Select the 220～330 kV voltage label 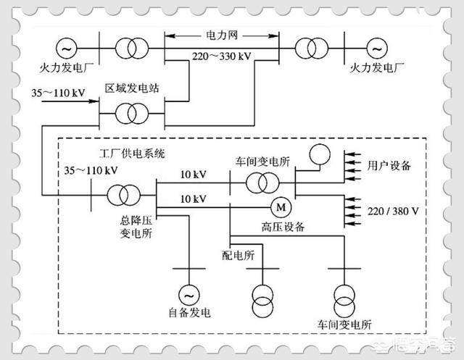coord(222,55)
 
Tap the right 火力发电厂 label coord(375,70)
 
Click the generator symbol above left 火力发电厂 coord(66,49)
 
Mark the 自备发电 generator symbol coord(188,294)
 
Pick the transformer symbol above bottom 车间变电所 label coord(344,298)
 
